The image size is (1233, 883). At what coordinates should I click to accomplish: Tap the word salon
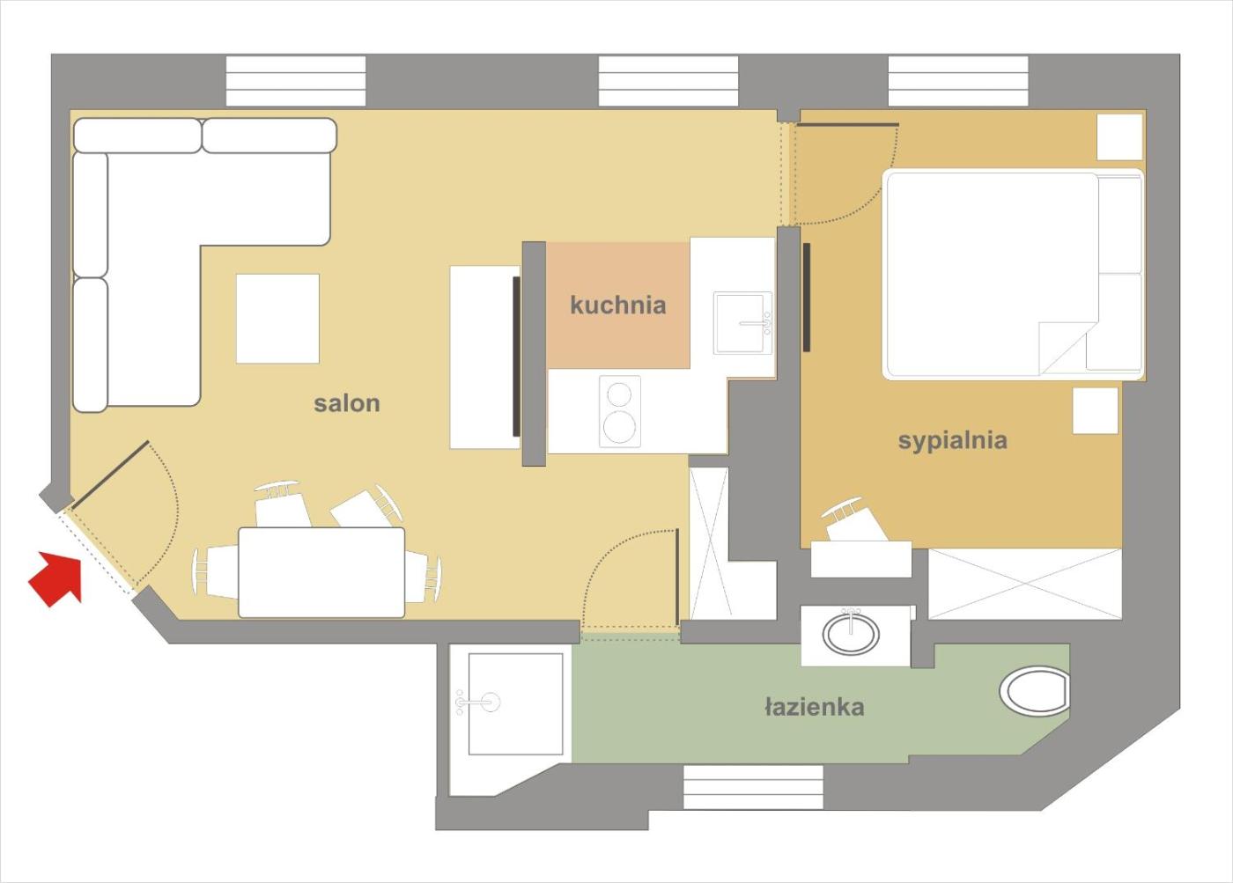(347, 403)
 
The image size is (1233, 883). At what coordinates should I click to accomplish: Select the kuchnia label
(618, 305)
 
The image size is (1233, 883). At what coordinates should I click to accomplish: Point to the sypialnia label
(953, 441)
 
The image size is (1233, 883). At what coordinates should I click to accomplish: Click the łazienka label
(815, 706)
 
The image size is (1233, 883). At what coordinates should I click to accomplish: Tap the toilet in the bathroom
(1035, 692)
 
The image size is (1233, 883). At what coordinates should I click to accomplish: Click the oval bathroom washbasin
(851, 635)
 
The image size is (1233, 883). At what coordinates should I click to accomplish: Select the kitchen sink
(743, 323)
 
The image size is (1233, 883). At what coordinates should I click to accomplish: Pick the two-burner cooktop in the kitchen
(620, 411)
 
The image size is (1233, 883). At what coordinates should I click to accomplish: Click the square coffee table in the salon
(278, 319)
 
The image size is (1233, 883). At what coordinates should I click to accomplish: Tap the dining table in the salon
(321, 573)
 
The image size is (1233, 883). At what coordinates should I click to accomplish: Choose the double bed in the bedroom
(1014, 275)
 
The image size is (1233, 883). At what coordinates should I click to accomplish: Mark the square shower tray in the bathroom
(516, 704)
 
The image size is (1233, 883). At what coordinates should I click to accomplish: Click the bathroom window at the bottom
(753, 788)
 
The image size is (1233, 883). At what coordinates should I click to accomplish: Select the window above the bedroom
(958, 80)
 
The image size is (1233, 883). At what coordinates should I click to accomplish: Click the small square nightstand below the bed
(1095, 410)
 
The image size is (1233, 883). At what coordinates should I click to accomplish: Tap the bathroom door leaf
(677, 578)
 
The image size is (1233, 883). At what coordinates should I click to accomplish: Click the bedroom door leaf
(847, 125)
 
